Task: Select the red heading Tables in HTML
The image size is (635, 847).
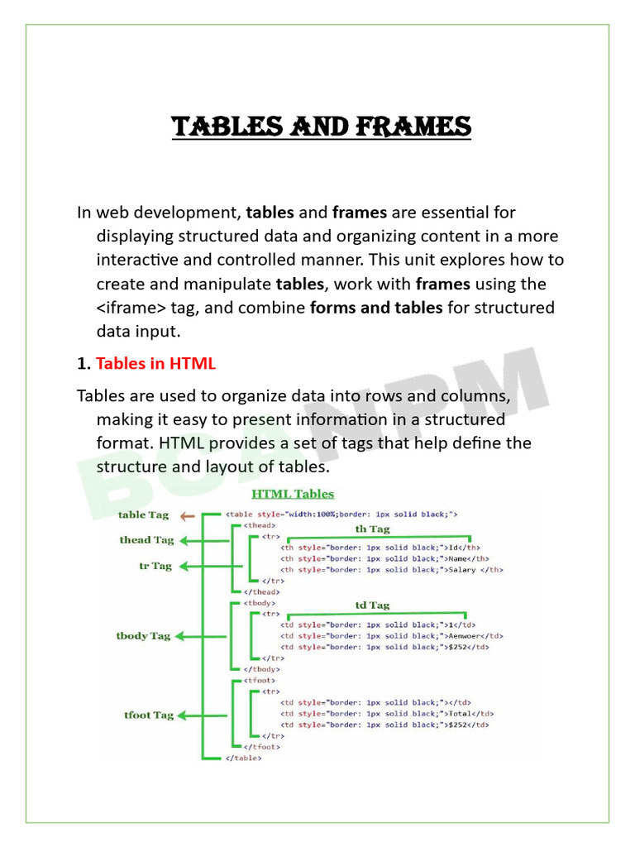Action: point(155,363)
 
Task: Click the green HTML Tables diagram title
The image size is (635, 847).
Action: point(293,494)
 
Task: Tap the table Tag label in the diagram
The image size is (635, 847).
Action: point(143,514)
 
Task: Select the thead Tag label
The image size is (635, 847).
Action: point(146,540)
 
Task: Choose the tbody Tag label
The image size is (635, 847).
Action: point(143,636)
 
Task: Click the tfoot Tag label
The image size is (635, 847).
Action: point(149,715)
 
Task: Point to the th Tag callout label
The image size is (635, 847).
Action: point(372,529)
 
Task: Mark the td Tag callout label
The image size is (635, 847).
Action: point(372,605)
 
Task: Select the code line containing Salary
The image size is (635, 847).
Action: point(392,569)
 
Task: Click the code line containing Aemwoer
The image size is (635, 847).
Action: point(392,636)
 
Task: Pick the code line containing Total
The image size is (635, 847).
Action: point(387,713)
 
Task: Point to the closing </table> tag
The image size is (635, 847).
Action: point(244,758)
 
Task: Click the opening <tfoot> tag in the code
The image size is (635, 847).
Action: point(260,679)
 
